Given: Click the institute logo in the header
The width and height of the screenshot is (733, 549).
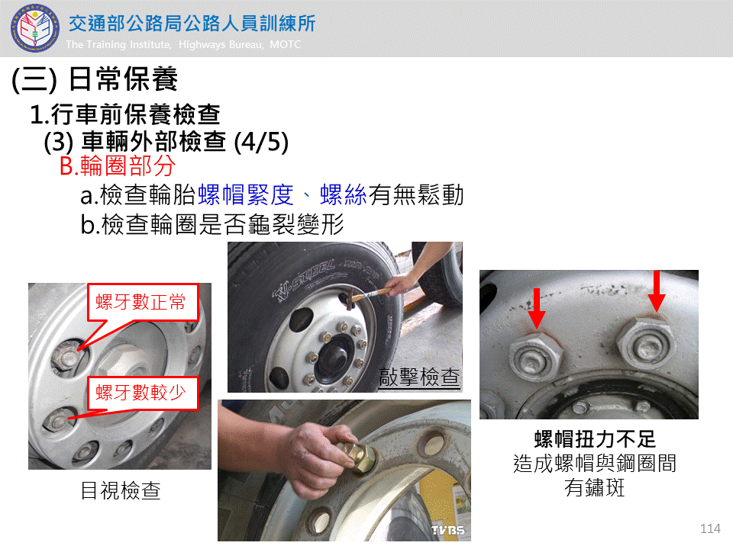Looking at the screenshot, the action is click(x=35, y=27).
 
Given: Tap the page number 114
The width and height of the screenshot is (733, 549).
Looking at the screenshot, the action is click(x=710, y=528).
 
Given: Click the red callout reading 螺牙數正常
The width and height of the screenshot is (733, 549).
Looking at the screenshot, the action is click(x=142, y=302).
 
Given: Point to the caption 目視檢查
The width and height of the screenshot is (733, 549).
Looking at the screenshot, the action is click(x=121, y=490).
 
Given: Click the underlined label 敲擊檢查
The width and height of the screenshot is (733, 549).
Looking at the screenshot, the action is click(x=419, y=377).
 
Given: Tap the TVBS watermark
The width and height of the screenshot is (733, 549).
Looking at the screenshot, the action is click(x=447, y=531).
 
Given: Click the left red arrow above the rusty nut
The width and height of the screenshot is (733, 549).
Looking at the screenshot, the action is click(x=537, y=308).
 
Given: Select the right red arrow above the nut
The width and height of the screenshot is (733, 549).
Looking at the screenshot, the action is click(x=657, y=291).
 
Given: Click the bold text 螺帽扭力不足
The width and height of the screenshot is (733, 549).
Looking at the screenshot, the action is click(x=595, y=439).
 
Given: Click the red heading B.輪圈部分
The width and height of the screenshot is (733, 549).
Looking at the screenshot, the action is click(x=118, y=165).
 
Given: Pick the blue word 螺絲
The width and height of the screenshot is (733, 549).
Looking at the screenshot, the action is click(x=343, y=194).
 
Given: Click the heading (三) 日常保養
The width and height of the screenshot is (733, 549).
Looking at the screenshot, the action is click(x=95, y=79).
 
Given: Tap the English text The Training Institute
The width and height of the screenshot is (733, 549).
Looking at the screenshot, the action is click(x=119, y=44).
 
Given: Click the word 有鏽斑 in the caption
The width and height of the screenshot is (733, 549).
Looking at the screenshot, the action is click(x=595, y=487).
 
